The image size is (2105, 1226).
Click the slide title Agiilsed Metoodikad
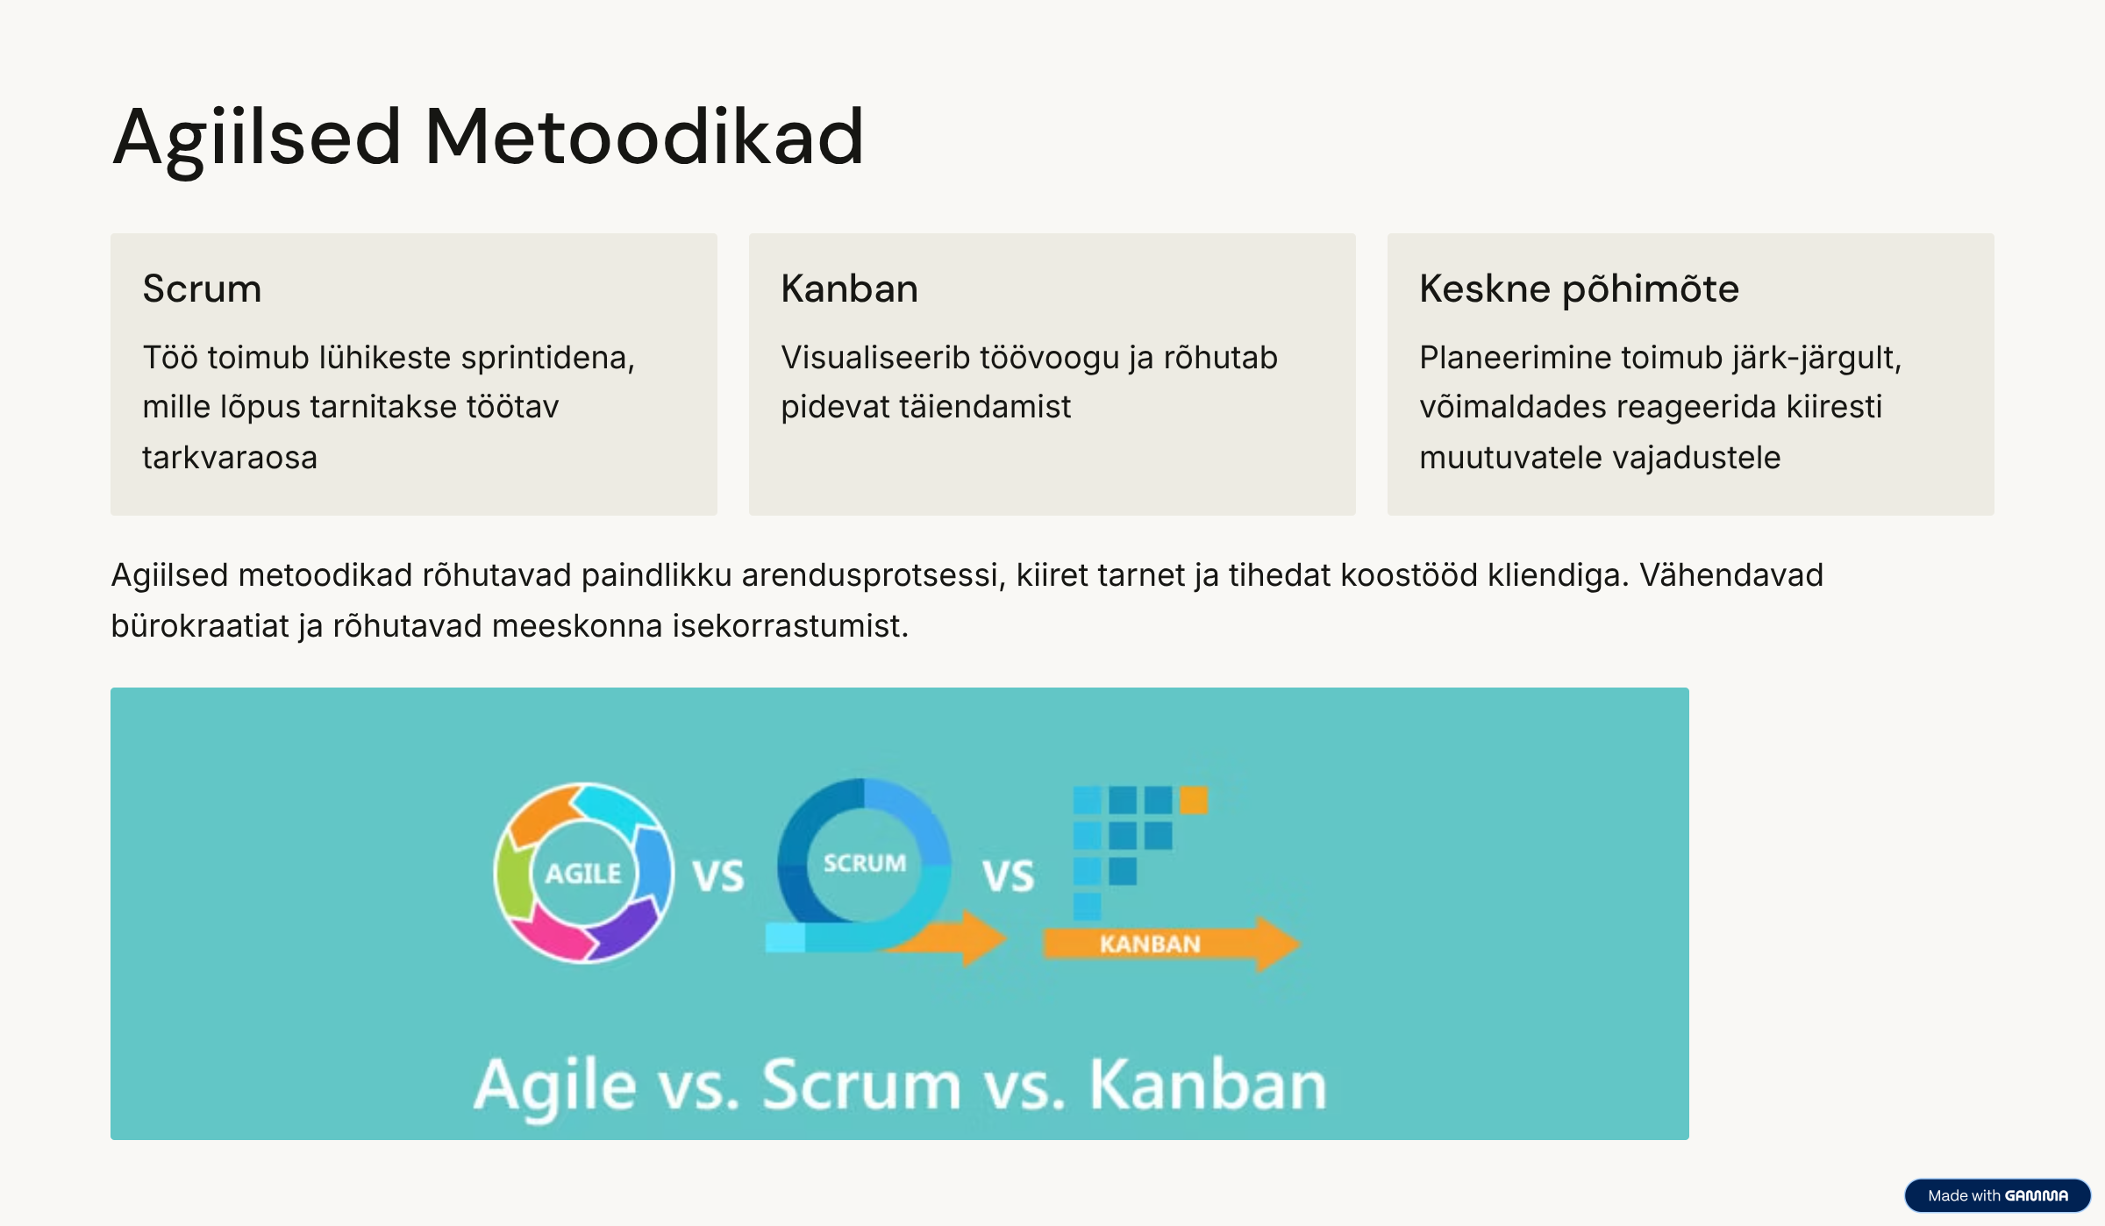[x=489, y=138]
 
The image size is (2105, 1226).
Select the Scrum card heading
[x=202, y=289]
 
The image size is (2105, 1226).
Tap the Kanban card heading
[x=849, y=289]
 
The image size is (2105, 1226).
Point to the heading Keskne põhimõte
[x=1579, y=289]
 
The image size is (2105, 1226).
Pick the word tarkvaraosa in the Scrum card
[x=230, y=458]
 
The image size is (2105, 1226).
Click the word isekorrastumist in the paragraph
[x=790, y=626]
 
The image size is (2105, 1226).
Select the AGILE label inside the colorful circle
[x=583, y=873]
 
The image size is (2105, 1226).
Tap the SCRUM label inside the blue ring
[x=865, y=863]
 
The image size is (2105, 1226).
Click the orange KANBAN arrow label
[x=1150, y=944]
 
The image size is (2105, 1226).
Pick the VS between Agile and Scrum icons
[x=718, y=876]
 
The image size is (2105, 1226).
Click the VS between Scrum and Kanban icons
[x=1009, y=876]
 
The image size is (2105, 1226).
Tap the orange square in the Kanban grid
[x=1194, y=800]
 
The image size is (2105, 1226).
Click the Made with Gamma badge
[x=1997, y=1195]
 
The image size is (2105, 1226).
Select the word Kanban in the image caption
[x=1208, y=1085]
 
